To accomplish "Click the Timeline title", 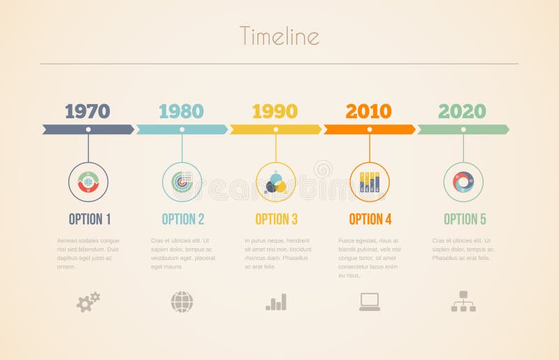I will tap(279, 36).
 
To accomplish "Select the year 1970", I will tap(87, 111).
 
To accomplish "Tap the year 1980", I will tap(181, 111).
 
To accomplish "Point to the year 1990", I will tap(275, 111).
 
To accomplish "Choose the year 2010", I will tap(368, 111).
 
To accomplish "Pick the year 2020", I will tap(462, 111).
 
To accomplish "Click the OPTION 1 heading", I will tap(89, 219).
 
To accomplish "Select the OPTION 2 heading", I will tap(183, 219).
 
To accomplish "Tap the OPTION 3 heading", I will tap(276, 219).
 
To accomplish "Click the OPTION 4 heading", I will tap(370, 219).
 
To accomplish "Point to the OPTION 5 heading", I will tap(465, 219).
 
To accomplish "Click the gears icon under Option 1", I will tap(88, 302).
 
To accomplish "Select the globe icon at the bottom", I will tap(182, 302).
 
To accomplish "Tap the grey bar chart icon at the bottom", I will tap(276, 302).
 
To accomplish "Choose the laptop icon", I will tap(370, 301).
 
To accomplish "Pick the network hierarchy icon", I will tap(463, 301).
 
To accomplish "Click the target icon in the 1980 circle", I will tap(182, 182).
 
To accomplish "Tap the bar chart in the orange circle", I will tap(370, 182).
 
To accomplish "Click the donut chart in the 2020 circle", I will tap(463, 182).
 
